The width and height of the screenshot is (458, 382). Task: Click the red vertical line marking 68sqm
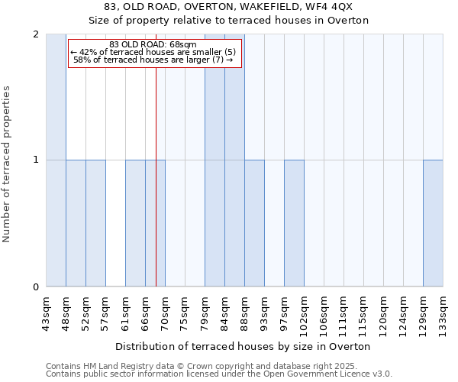156,191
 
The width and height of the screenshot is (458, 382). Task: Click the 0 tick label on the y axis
36,287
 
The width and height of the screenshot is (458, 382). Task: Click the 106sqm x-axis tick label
324,313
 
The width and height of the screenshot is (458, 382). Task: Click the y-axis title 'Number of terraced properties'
8,164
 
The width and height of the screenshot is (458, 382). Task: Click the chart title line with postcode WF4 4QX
228,7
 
